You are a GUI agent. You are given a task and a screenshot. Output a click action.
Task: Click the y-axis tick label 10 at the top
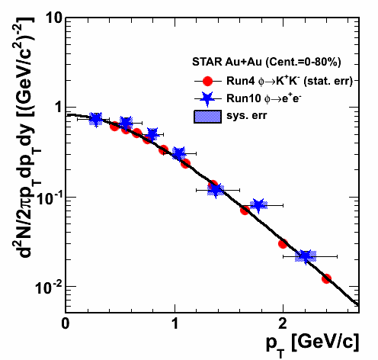(54, 19)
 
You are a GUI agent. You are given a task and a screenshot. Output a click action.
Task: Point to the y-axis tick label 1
(59, 108)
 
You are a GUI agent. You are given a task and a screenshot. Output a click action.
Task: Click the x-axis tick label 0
(66, 324)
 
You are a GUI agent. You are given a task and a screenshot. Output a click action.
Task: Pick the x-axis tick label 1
(175, 324)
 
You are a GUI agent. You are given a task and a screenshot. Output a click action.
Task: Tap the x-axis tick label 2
(283, 324)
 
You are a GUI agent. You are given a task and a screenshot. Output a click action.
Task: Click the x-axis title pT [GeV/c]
(312, 343)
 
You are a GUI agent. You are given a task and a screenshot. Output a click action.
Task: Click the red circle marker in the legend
(207, 81)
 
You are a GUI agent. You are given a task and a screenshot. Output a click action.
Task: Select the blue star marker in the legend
(207, 98)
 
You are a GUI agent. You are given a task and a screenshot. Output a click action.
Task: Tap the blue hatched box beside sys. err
(207, 117)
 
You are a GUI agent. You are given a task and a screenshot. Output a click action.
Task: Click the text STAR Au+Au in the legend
(227, 62)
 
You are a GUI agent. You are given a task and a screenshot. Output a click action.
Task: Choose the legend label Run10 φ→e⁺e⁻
(264, 98)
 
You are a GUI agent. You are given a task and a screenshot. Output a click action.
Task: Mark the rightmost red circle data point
(326, 279)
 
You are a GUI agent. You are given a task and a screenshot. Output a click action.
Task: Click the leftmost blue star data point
(96, 119)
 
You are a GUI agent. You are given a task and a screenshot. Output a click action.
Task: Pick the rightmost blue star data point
(305, 256)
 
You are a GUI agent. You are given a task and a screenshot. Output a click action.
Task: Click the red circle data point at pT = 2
(283, 244)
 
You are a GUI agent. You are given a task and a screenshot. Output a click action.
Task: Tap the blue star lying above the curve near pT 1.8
(258, 205)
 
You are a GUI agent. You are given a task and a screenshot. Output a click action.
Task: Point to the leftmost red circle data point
(115, 126)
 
